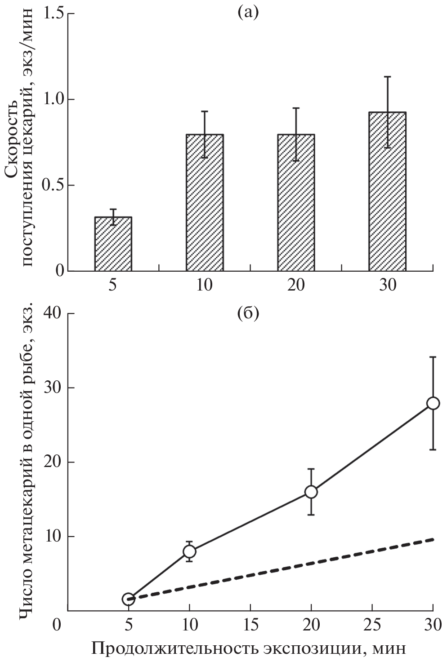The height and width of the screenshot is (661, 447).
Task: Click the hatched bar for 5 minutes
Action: pyautogui.click(x=113, y=244)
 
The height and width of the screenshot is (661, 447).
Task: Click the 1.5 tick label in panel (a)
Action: pyautogui.click(x=53, y=13)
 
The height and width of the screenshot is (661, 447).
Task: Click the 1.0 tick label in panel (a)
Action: pyautogui.click(x=53, y=99)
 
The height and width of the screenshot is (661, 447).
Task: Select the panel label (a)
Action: pyautogui.click(x=248, y=12)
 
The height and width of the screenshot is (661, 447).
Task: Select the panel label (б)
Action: pyautogui.click(x=248, y=313)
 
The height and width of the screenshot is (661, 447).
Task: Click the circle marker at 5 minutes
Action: pyautogui.click(x=128, y=599)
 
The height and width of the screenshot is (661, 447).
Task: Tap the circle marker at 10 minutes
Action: pyautogui.click(x=189, y=551)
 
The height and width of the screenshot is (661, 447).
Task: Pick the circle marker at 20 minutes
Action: pyautogui.click(x=311, y=492)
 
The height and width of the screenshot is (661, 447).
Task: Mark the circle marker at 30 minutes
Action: pyautogui.click(x=433, y=403)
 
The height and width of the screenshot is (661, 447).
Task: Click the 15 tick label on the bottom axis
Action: pyautogui.click(x=250, y=625)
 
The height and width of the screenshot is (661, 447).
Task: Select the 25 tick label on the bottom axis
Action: pyautogui.click(x=372, y=625)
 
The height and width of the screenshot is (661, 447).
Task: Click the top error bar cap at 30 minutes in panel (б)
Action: pyautogui.click(x=433, y=357)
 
